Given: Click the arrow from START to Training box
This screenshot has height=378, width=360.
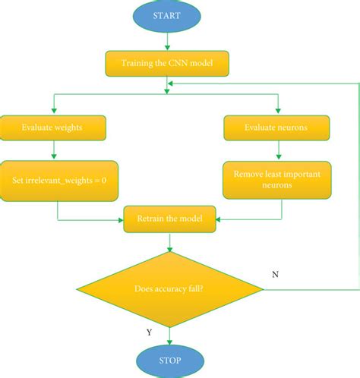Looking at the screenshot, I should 166,41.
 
